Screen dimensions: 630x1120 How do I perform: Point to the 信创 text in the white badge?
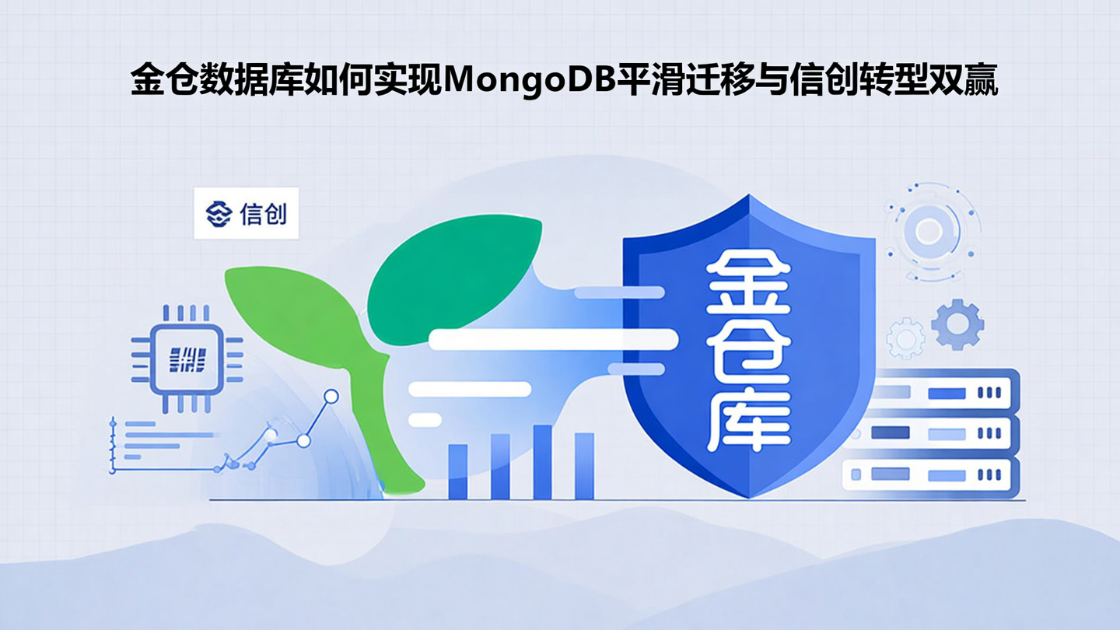click(264, 213)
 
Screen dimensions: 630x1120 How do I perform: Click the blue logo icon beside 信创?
click(219, 213)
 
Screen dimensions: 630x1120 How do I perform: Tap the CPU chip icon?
click(187, 359)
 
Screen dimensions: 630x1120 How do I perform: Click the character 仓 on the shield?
click(747, 354)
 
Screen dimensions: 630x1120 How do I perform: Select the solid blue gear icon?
click(957, 324)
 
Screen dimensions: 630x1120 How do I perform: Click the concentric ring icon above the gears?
click(929, 230)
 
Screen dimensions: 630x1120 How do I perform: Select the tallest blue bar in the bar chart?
click(542, 462)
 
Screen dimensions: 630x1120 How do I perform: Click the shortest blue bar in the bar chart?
click(458, 471)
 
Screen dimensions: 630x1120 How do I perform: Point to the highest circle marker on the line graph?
click(331, 397)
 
